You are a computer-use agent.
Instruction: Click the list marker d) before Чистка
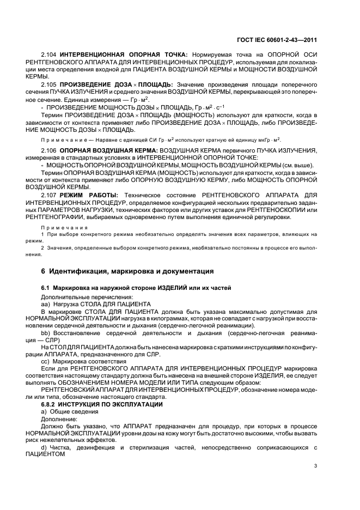click(x=44, y=447)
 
